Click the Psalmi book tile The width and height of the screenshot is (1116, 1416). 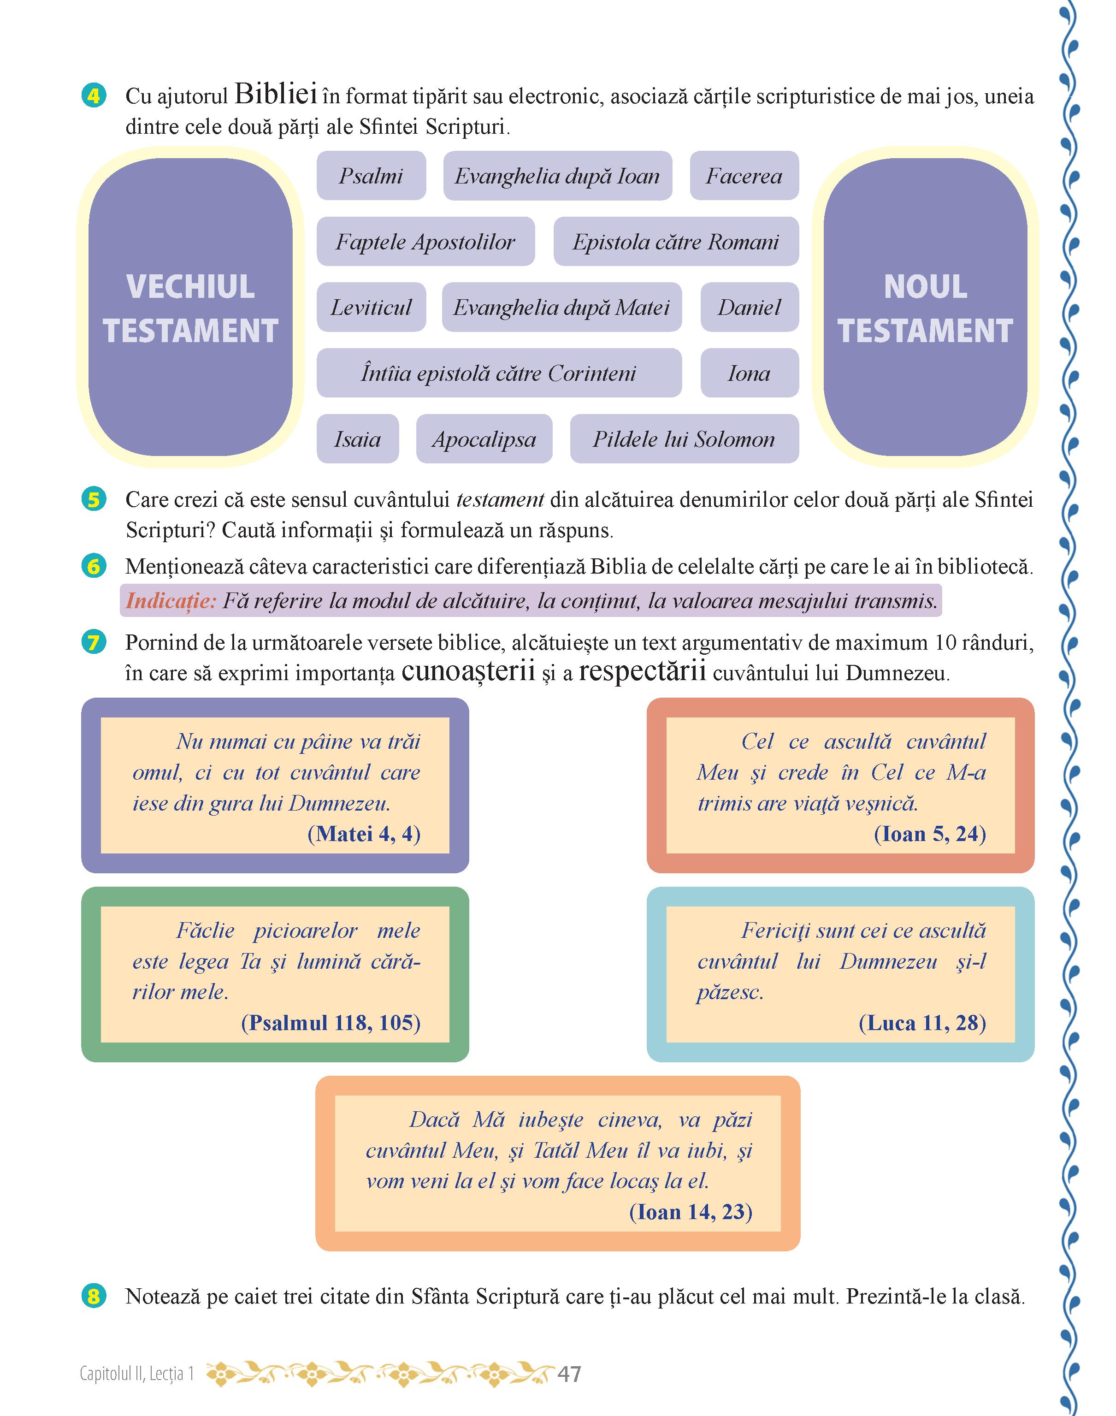[x=371, y=176]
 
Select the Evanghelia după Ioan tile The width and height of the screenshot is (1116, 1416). [x=557, y=176]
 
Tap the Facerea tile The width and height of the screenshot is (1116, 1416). [x=744, y=176]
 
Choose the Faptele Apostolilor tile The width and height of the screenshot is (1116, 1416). [x=425, y=242]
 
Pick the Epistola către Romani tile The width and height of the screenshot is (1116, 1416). [x=676, y=242]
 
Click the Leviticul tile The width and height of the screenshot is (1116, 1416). [x=371, y=307]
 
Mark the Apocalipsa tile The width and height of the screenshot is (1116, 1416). [x=484, y=439]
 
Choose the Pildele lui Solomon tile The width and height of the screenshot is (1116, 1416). [x=684, y=439]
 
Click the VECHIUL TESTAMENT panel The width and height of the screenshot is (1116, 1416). [x=190, y=307]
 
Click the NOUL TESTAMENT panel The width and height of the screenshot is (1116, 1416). [x=925, y=307]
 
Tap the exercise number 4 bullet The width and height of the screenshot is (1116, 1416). [x=94, y=96]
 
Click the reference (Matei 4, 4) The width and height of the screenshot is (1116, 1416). [x=363, y=834]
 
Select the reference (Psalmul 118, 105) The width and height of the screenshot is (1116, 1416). [x=331, y=1023]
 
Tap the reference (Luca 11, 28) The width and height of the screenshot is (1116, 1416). [x=922, y=1023]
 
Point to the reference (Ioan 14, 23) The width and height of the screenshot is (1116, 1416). [x=690, y=1212]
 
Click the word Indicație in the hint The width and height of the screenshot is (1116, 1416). [x=171, y=600]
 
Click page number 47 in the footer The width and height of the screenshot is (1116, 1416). [x=569, y=1374]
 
